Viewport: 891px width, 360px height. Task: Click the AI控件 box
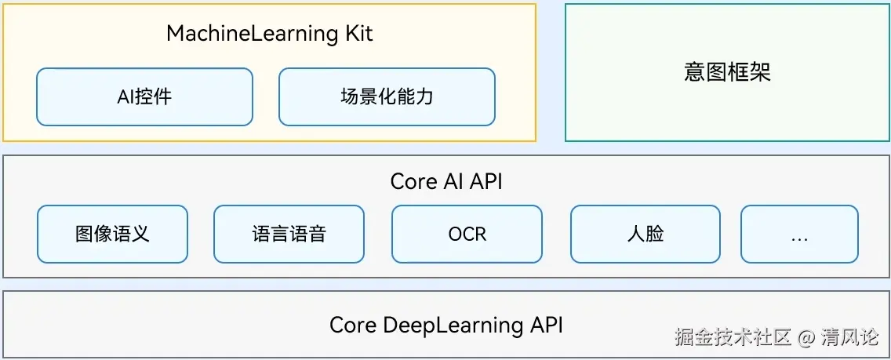144,96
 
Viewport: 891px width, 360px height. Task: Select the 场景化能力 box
387,96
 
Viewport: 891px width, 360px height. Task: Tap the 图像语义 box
112,234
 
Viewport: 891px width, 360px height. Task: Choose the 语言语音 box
289,234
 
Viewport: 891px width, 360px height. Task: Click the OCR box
467,234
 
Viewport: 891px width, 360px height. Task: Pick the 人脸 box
645,234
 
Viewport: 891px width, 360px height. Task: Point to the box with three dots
799,234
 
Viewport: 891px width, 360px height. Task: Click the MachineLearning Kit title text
269,34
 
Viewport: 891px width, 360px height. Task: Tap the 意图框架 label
727,72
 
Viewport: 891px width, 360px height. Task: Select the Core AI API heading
445,181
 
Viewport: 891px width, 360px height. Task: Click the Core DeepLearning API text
445,325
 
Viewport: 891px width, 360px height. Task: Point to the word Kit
357,34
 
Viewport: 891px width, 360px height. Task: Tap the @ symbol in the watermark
807,337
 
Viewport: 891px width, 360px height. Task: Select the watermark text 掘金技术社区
733,337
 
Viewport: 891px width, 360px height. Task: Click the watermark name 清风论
850,337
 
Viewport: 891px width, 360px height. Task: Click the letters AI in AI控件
125,96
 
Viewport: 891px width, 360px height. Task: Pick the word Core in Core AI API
413,181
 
